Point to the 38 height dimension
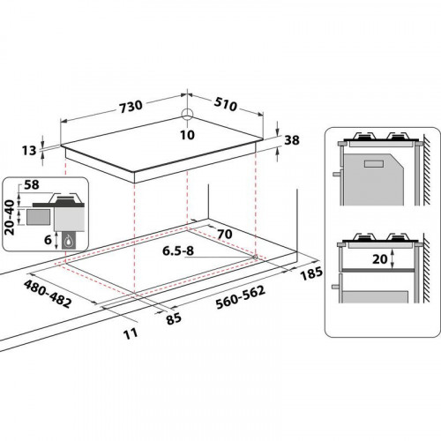pos(293,138)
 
